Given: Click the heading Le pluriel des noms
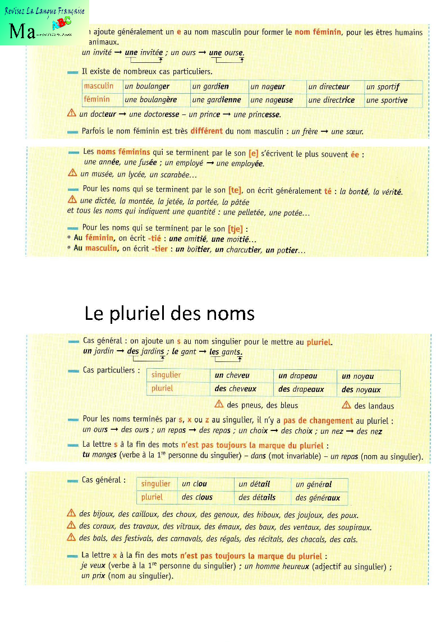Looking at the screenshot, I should (x=169, y=313).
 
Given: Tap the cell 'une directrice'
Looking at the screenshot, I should (x=331, y=100).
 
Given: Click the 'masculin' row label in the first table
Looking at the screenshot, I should (x=99, y=86).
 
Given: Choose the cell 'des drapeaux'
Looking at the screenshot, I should (x=301, y=389).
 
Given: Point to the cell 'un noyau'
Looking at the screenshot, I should (x=357, y=376).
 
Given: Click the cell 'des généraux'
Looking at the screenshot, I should (x=318, y=497).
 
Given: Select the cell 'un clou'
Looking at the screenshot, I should (x=194, y=484).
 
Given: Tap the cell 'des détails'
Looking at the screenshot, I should (x=257, y=497).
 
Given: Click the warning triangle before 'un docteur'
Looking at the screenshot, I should (x=71, y=114).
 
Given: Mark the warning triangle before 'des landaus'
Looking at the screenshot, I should (x=346, y=406).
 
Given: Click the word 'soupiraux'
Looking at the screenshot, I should (x=354, y=527).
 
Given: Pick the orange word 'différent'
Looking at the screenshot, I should (x=210, y=131).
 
